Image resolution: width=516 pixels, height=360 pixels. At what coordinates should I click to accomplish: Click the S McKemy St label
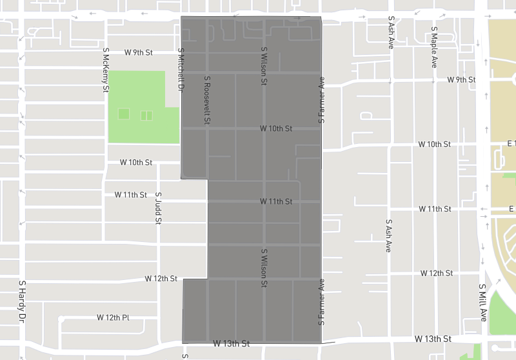106,69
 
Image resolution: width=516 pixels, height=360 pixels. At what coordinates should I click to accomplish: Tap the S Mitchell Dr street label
181,70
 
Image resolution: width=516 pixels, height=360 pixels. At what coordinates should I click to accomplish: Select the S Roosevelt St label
208,100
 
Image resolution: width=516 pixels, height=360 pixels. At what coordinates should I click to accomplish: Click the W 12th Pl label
113,317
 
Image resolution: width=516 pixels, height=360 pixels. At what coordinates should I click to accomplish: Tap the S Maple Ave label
435,47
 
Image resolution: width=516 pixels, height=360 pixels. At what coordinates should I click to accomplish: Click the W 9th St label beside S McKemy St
139,52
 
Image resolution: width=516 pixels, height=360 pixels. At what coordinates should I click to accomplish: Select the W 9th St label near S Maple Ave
461,79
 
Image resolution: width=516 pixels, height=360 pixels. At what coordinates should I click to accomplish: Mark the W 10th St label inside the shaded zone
276,128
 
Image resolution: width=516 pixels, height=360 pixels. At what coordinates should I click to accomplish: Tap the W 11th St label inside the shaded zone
276,201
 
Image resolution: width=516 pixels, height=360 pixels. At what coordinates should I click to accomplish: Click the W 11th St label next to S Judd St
130,194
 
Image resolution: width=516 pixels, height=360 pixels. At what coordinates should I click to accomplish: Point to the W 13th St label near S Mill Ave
432,338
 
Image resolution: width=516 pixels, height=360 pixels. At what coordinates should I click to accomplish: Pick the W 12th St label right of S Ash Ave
437,273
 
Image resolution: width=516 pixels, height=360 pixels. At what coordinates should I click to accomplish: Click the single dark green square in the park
124,114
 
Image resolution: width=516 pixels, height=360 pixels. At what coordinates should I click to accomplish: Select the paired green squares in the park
146,115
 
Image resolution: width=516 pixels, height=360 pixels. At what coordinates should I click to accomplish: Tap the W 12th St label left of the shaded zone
161,279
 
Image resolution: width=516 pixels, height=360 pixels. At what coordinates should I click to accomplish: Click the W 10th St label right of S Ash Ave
434,143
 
